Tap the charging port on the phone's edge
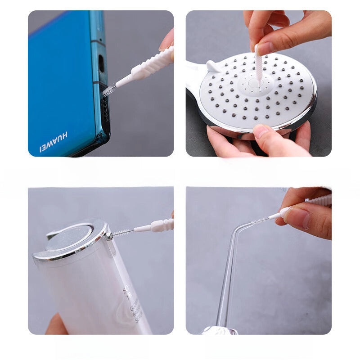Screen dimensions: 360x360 click(x=101, y=64)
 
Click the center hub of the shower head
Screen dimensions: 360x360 click(x=258, y=84)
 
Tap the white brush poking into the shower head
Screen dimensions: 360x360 click(x=259, y=63)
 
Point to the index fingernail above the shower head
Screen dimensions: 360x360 click(x=265, y=48)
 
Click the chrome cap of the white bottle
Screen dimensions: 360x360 click(x=72, y=241)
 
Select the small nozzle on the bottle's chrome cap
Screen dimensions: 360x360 click(x=108, y=235)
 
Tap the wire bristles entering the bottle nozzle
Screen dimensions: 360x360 click(x=122, y=233)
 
